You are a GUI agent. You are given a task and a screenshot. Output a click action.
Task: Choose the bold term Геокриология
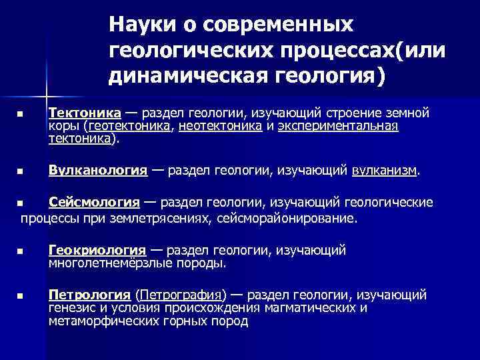pyautogui.click(x=97, y=251)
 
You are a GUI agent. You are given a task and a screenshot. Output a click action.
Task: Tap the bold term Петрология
pyautogui.click(x=89, y=295)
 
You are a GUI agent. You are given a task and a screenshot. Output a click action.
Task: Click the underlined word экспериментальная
pyautogui.click(x=338, y=126)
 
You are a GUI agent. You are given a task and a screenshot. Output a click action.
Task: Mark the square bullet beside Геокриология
pyautogui.click(x=21, y=251)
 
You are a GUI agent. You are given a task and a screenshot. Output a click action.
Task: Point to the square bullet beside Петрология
pyautogui.click(x=21, y=295)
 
